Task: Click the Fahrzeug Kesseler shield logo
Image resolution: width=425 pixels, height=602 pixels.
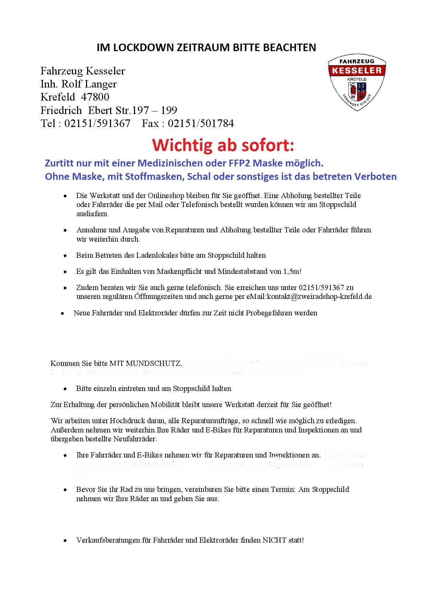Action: tap(357, 82)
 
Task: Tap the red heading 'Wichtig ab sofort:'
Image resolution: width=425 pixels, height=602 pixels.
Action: tap(223, 145)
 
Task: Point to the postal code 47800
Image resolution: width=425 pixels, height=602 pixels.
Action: tap(95, 97)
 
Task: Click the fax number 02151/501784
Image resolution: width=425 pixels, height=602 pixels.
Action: tap(201, 124)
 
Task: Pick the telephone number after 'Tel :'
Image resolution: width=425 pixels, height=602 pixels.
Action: tap(97, 124)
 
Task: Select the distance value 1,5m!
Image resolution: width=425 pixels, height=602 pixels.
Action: tap(292, 271)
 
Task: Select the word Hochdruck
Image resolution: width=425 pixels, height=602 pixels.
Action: tap(125, 421)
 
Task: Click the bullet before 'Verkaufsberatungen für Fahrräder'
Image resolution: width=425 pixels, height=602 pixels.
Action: tap(65, 541)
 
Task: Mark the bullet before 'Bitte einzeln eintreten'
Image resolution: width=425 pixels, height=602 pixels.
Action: tap(65, 389)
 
